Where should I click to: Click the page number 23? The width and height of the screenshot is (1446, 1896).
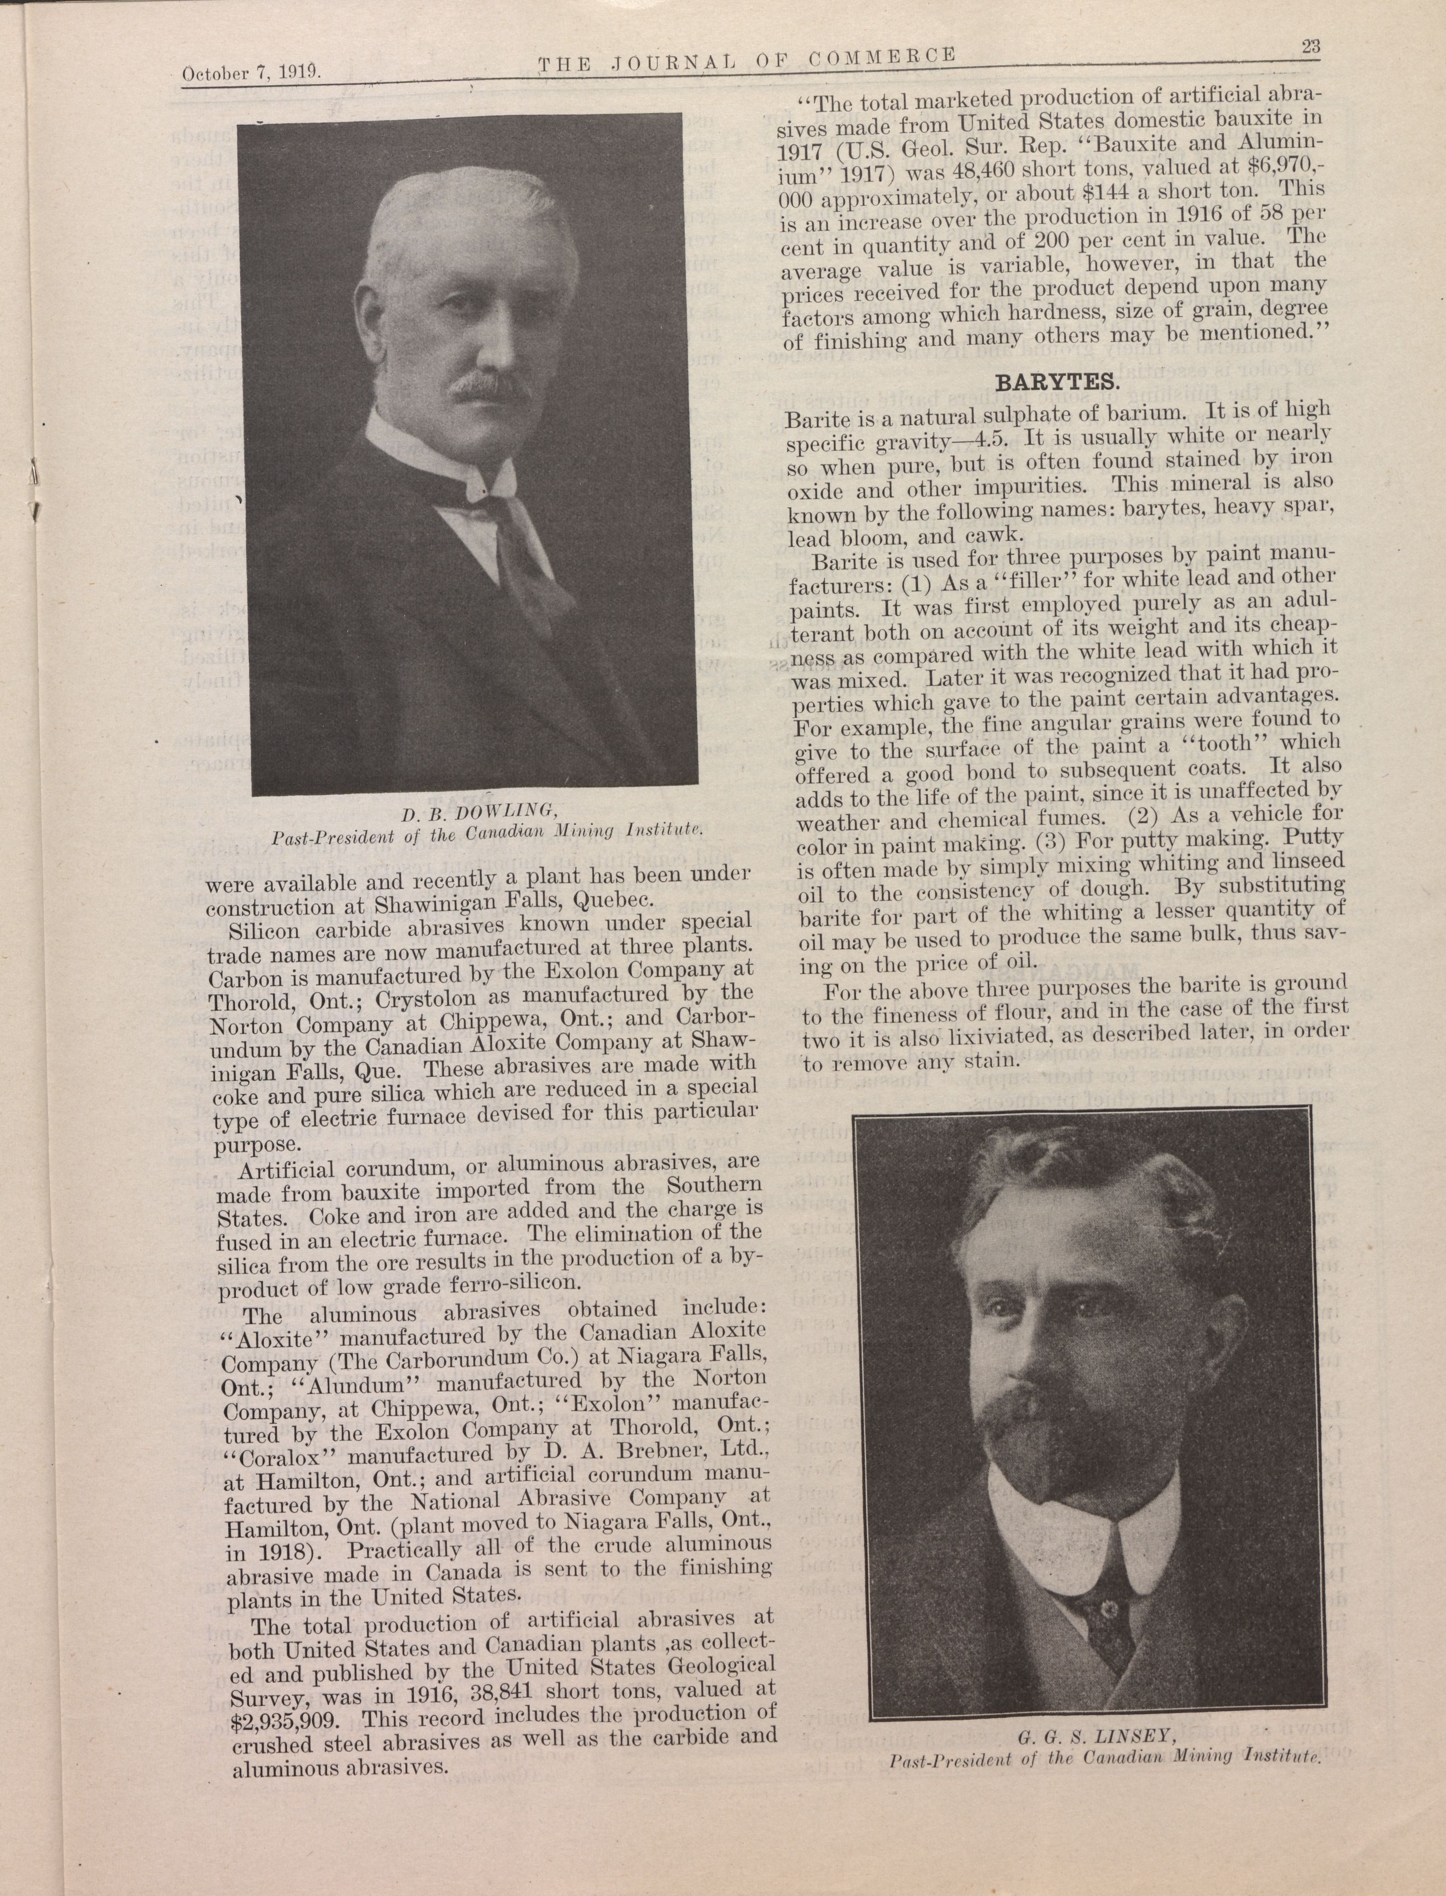[1312, 48]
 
